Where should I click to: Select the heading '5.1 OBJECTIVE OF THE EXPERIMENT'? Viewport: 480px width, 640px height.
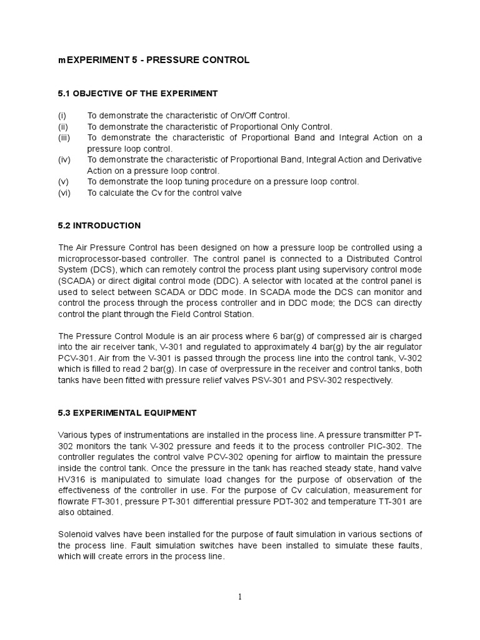tap(137, 94)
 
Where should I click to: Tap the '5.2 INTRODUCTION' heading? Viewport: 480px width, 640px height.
tap(99, 226)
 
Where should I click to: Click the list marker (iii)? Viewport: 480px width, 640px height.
tap(64, 137)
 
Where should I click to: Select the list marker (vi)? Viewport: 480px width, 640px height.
tap(64, 193)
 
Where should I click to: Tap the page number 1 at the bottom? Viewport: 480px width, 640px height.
tap(240, 597)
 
